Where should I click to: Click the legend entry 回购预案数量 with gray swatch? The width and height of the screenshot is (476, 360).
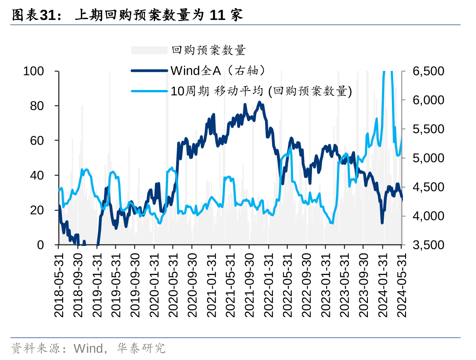click(x=208, y=50)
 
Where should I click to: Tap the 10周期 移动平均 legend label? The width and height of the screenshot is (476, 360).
click(x=261, y=91)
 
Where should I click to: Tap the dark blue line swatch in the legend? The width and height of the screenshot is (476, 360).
click(x=149, y=70)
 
